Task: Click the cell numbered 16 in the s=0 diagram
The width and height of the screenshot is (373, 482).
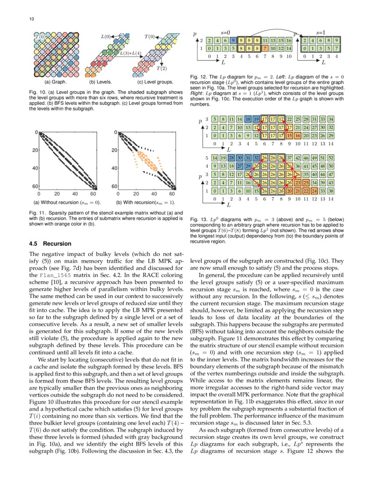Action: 289,40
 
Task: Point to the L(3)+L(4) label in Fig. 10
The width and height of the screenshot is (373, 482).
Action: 131,53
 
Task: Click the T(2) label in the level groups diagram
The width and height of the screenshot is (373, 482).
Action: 161,68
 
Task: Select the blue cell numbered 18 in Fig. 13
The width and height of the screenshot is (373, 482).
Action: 248,119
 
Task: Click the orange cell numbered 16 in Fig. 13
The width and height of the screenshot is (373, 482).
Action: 298,135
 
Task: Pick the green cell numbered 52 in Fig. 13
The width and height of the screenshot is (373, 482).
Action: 331,158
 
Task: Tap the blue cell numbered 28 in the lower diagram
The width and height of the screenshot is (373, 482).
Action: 231,158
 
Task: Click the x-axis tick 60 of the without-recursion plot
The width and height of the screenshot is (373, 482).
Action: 93,193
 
